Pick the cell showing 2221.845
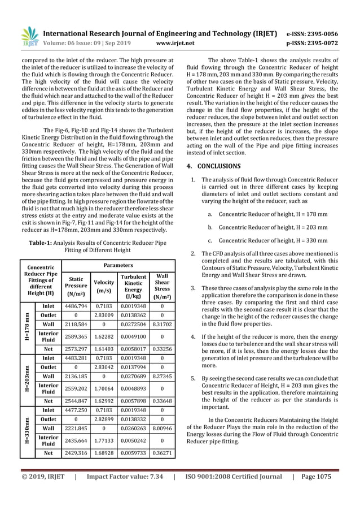[x=76, y=427]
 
